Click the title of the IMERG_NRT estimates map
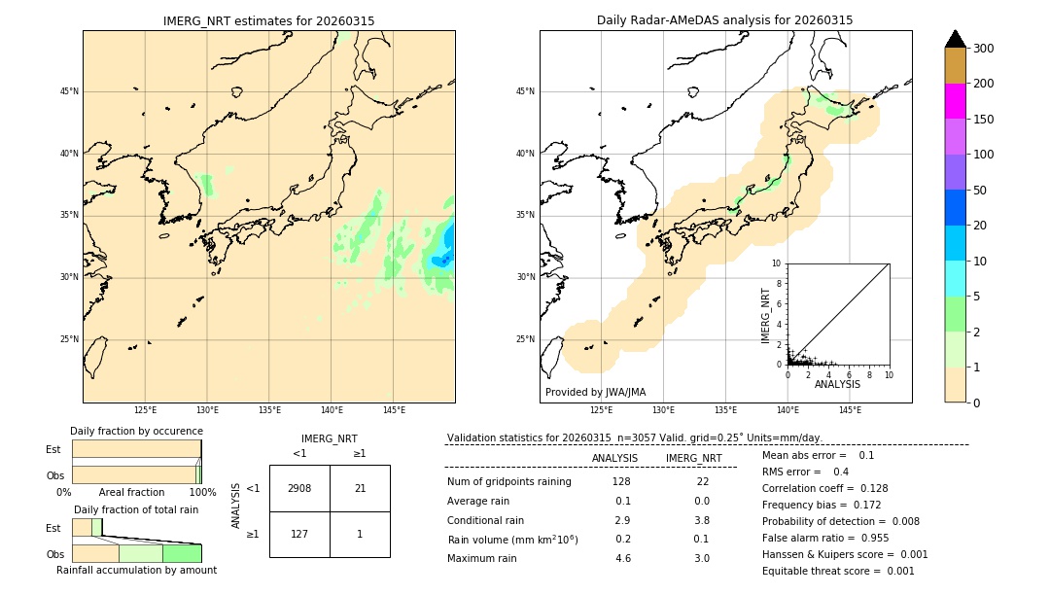click(x=268, y=20)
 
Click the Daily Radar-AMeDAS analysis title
click(x=724, y=20)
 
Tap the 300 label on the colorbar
click(x=984, y=49)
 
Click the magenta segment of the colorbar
click(x=956, y=101)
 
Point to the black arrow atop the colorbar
click(x=956, y=39)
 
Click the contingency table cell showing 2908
click(x=299, y=488)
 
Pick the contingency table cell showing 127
click(x=299, y=534)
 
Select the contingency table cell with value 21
click(x=360, y=488)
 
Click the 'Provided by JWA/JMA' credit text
click(x=595, y=392)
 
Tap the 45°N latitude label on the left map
click(x=69, y=91)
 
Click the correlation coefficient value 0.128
click(x=866, y=488)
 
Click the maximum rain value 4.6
click(x=623, y=558)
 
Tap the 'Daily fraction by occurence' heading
click(x=136, y=431)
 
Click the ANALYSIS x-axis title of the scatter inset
click(x=837, y=384)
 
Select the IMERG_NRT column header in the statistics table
click(x=693, y=458)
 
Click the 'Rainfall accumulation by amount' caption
click(x=136, y=570)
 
